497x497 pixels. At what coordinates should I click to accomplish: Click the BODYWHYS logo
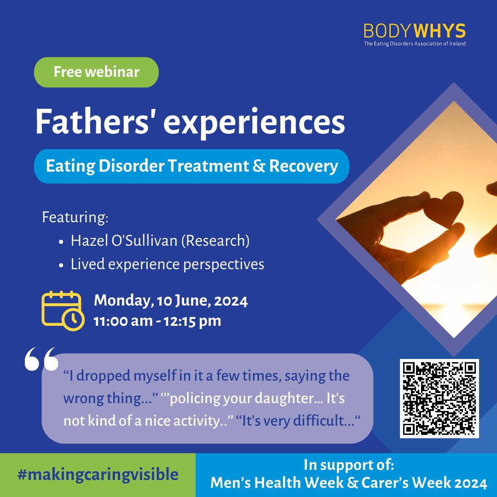click(414, 31)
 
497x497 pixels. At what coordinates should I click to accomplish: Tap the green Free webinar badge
click(96, 72)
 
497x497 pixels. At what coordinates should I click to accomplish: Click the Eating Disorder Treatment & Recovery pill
click(192, 166)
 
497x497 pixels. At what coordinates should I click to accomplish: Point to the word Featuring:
click(75, 217)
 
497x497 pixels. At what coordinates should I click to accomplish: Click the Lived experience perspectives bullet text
click(168, 264)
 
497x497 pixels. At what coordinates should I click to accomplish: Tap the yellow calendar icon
click(63, 310)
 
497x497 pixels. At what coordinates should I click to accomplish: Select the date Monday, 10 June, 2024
click(171, 301)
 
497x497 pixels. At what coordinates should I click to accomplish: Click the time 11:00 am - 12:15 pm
click(157, 321)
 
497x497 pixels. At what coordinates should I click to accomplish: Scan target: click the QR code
click(439, 399)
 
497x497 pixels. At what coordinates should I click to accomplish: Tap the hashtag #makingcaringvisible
click(98, 474)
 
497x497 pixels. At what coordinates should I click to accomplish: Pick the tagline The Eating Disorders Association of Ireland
click(414, 44)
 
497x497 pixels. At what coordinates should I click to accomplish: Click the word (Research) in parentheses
click(219, 241)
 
